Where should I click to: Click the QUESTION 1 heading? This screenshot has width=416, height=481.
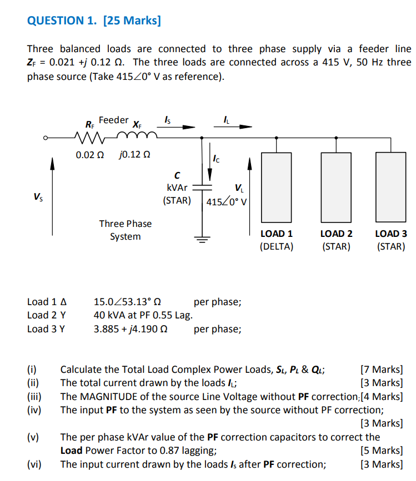94,21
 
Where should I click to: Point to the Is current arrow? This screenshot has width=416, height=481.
181,126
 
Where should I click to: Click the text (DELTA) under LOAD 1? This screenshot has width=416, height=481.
276,246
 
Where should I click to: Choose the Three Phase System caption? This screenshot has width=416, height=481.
125,230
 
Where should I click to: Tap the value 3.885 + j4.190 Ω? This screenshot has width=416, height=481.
131,329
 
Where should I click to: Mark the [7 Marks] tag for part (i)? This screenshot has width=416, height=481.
382,369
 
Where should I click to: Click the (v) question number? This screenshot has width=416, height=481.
33,437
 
